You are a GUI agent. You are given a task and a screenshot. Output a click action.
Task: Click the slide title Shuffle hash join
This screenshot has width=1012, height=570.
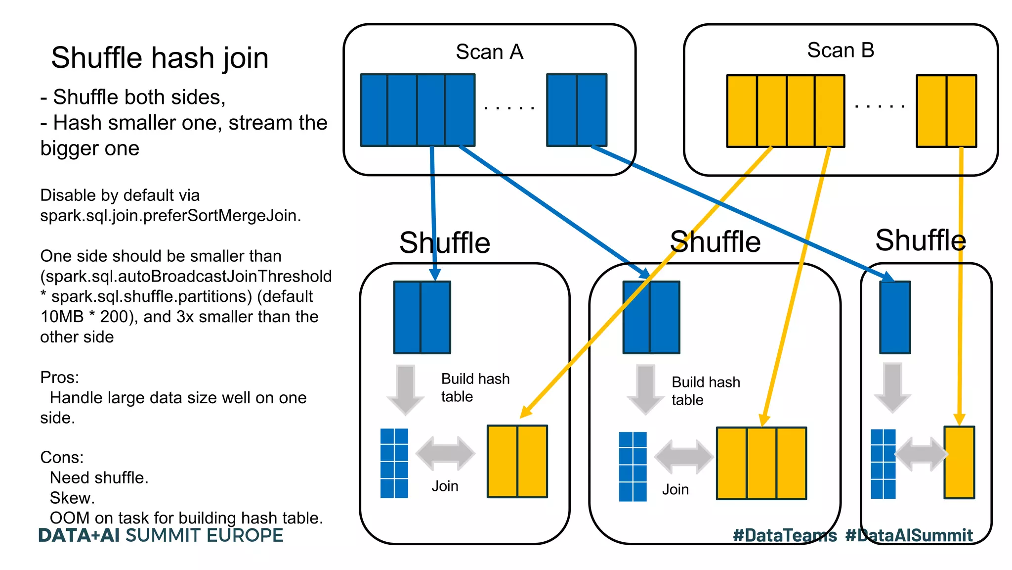160,58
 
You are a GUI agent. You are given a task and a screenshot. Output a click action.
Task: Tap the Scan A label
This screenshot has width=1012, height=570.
489,52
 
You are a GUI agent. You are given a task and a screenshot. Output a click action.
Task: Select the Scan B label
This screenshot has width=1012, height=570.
840,50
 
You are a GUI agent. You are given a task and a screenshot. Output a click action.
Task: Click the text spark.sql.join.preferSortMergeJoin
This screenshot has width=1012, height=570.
170,216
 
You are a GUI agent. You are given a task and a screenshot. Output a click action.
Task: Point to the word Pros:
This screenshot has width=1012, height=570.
59,378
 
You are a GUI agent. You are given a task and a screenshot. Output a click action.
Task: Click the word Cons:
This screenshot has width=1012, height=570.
62,457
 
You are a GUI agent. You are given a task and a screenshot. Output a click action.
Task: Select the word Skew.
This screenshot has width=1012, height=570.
72,498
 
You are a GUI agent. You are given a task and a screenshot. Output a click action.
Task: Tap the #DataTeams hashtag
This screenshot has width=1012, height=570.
785,535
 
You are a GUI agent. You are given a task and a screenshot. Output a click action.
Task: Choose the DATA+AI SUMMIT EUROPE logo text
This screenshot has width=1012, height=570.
161,535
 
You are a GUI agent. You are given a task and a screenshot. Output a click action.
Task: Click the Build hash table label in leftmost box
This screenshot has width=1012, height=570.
474,387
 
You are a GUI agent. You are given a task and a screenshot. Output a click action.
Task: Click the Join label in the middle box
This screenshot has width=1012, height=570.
675,489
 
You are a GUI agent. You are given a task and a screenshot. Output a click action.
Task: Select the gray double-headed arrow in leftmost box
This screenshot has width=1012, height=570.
445,453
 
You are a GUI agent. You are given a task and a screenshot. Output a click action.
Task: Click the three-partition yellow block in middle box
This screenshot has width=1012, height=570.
761,464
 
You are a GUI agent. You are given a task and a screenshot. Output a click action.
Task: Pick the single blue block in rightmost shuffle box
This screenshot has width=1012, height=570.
894,317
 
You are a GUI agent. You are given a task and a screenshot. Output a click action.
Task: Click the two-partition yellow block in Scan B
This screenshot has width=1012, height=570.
946,111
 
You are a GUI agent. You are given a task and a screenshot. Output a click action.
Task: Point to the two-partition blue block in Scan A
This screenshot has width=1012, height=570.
576,110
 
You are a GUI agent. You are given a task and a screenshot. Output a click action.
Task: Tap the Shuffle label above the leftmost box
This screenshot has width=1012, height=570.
444,243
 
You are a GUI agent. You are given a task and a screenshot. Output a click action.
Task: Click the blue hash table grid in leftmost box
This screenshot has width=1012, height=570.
394,463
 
